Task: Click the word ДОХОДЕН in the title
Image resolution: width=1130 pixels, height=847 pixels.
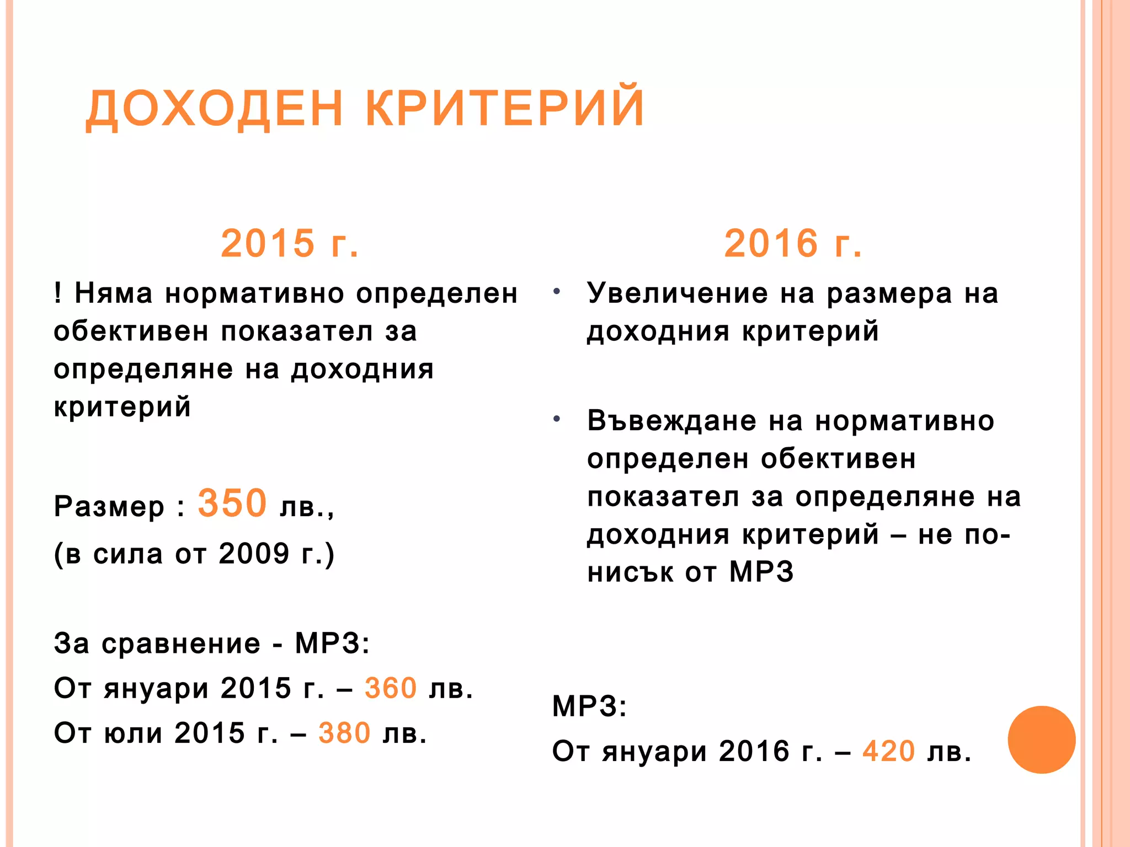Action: [215, 108]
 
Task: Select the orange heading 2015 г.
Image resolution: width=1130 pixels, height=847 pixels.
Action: [290, 243]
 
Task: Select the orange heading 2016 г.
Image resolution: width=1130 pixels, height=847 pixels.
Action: [793, 243]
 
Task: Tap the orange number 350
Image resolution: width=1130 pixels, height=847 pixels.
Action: [232, 503]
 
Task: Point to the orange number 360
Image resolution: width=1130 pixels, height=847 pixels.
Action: [391, 688]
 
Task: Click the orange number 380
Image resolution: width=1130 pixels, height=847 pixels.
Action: [344, 733]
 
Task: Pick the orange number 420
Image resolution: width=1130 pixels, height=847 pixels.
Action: [889, 751]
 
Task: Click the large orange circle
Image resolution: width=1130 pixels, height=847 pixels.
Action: [1041, 739]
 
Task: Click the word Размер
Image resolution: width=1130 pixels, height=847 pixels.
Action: [109, 507]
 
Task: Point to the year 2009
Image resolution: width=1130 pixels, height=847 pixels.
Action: [254, 554]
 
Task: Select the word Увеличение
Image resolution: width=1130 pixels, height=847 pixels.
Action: [677, 293]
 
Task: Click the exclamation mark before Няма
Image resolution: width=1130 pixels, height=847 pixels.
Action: [58, 292]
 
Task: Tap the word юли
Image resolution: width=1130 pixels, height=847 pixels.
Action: [134, 734]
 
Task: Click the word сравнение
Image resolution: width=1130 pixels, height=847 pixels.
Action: [181, 644]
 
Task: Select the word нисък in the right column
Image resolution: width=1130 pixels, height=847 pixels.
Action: [630, 573]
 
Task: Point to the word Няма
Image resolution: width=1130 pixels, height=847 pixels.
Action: [113, 293]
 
